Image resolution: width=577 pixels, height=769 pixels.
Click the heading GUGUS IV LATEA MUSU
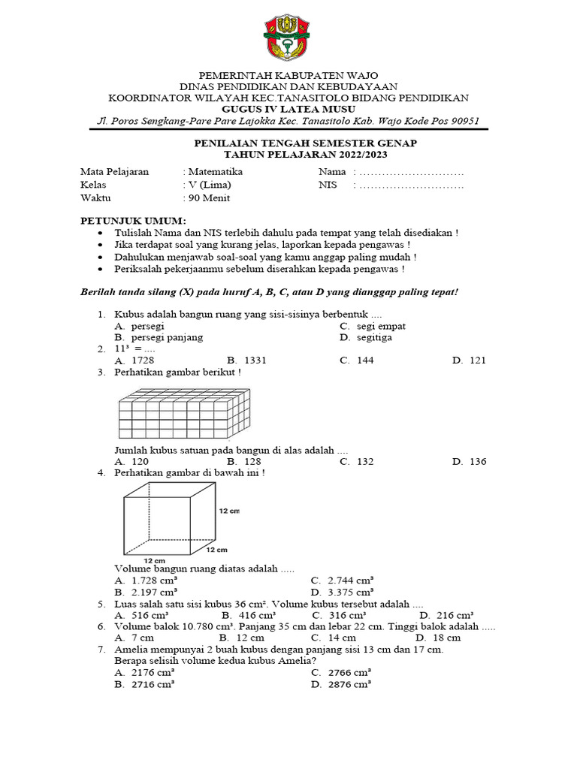(288, 110)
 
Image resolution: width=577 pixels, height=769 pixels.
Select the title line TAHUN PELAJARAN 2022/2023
(288, 154)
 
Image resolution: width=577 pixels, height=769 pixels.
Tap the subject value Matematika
(216, 171)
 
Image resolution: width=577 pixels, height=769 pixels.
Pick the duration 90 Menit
(209, 198)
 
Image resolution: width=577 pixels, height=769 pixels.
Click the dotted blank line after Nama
(412, 172)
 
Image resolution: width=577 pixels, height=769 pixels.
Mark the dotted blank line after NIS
(412, 185)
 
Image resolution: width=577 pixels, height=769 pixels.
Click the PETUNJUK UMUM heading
(132, 220)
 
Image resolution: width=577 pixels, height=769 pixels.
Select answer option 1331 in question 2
(252, 360)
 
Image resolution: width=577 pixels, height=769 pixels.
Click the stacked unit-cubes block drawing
(184, 414)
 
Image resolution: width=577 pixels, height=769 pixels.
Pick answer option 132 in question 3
(365, 462)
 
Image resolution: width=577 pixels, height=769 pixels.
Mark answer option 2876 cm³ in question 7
(349, 684)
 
